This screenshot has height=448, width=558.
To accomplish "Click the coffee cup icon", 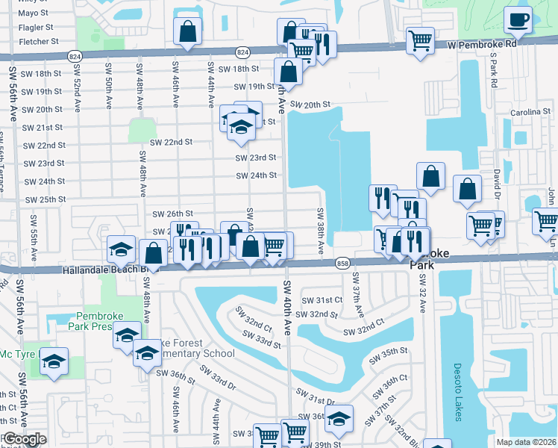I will [x=517, y=20].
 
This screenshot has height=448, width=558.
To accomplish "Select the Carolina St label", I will [x=530, y=112].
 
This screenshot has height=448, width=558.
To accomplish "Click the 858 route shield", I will [x=342, y=263].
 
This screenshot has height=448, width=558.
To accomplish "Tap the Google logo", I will [x=24, y=440].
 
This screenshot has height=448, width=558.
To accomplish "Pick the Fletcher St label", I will [x=38, y=42].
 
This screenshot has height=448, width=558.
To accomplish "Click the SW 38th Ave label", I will [x=322, y=232].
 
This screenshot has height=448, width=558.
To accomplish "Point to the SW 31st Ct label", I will [x=322, y=300].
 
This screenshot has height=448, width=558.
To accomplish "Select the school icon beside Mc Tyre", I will [x=54, y=363].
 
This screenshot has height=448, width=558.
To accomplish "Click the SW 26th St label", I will [x=172, y=214].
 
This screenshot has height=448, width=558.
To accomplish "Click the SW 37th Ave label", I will [x=357, y=299].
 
